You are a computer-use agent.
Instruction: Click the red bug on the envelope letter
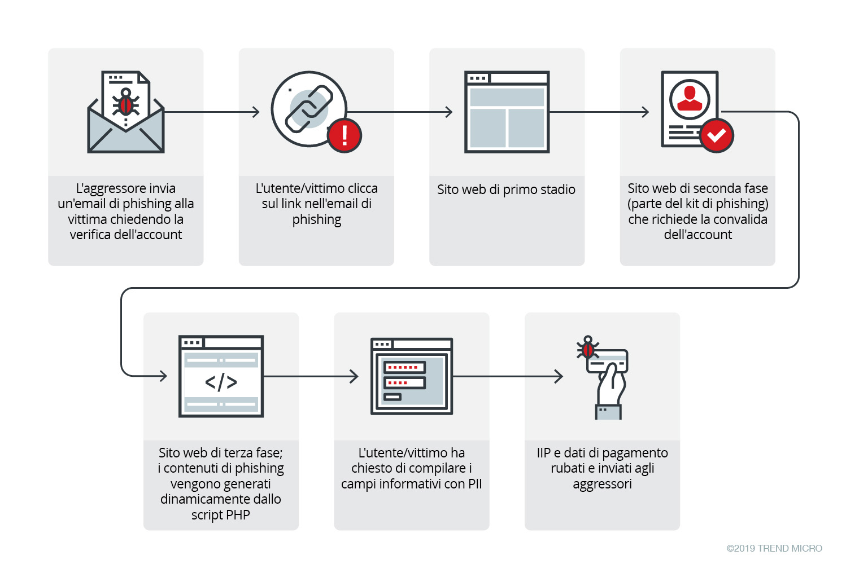125,104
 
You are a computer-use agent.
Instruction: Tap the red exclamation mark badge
344,135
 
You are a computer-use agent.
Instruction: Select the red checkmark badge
716,135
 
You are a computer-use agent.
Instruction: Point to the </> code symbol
221,382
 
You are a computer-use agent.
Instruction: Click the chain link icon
308,109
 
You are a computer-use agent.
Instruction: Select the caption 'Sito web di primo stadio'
506,190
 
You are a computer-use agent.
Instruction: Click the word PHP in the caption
237,515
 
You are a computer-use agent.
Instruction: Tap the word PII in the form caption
474,484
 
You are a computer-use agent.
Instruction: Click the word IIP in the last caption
543,453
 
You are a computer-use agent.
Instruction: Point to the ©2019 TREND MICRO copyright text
774,548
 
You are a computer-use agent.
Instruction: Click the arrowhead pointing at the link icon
256,112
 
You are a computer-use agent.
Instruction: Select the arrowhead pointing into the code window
164,376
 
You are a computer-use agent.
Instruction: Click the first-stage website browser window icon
507,112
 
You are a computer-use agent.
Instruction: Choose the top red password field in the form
404,367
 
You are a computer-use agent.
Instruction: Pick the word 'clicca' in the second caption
363,188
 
